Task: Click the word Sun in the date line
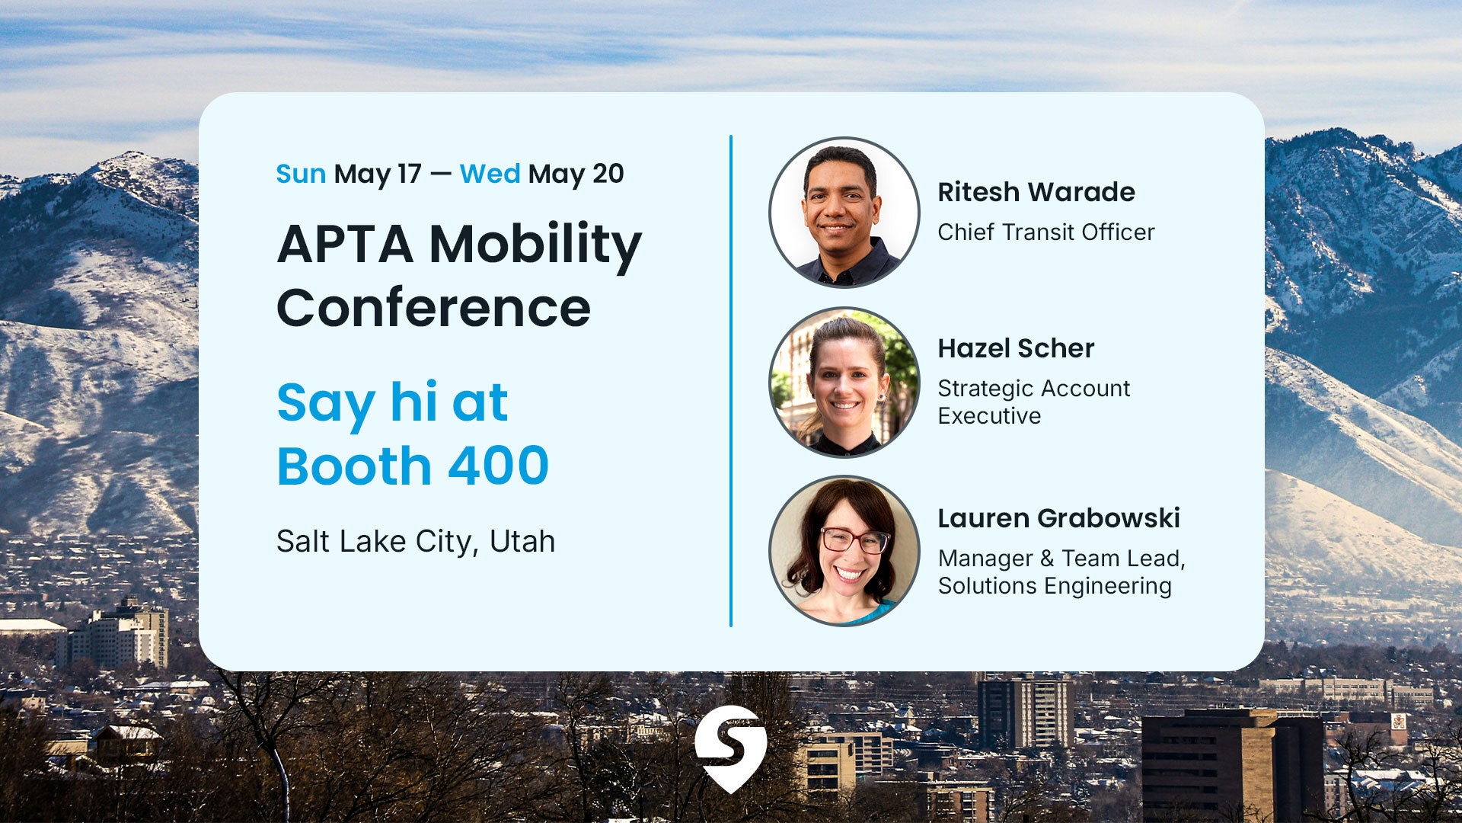coord(300,175)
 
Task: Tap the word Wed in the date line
coord(490,175)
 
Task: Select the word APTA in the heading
coord(344,245)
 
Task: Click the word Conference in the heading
coord(433,308)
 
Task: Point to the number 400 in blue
coord(498,466)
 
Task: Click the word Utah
coord(522,542)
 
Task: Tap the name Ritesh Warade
coord(1036,192)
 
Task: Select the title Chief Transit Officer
coord(1045,232)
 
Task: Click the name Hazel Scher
coord(1015,348)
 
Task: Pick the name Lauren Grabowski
coord(1058,518)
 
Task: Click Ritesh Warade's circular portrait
coord(844,213)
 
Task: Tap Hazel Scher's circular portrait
coord(844,382)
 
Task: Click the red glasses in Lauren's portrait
coord(854,540)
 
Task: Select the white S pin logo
coord(730,747)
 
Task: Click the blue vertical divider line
coord(730,381)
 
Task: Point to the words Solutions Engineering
coord(1054,586)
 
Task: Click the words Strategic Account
coord(1033,389)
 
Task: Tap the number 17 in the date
coord(408,175)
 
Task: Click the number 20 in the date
coord(608,175)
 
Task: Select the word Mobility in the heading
coord(535,245)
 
